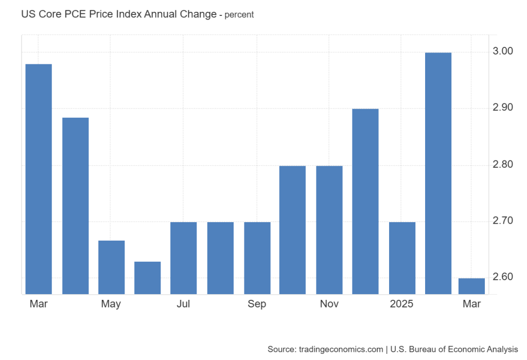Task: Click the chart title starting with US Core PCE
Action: pyautogui.click(x=118, y=14)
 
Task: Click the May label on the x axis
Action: pyautogui.click(x=111, y=304)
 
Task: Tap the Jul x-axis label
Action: pyautogui.click(x=183, y=304)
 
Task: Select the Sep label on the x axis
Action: pyautogui.click(x=257, y=304)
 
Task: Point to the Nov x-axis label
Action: pyautogui.click(x=329, y=304)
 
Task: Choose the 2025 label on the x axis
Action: pyautogui.click(x=402, y=304)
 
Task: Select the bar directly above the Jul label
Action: pyautogui.click(x=184, y=258)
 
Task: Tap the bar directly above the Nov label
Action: pyautogui.click(x=329, y=230)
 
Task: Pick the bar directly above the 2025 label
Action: pyautogui.click(x=402, y=258)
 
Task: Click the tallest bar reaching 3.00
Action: pyautogui.click(x=438, y=173)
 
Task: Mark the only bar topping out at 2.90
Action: pyautogui.click(x=365, y=202)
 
